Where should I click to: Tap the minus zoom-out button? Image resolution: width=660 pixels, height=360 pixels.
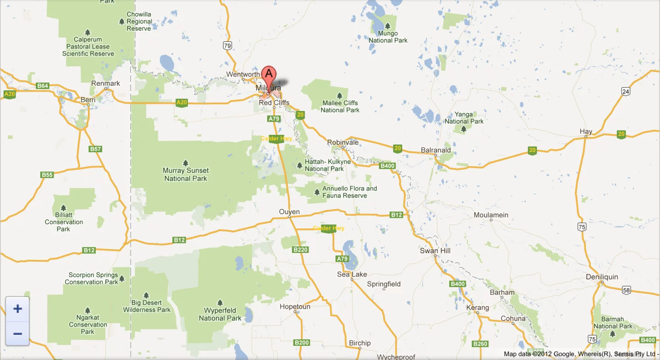coord(17,333)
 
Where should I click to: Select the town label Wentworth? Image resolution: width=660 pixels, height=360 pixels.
coord(243,74)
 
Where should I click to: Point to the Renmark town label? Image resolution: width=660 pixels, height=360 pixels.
coord(105,83)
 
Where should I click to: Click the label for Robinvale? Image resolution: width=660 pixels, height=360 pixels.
coord(343,143)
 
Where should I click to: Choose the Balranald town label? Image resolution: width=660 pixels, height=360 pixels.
coord(436,150)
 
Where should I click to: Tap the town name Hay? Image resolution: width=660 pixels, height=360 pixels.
coord(586,132)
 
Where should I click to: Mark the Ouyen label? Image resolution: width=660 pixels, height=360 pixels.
coord(289,212)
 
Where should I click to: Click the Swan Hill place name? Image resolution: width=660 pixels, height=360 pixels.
coord(435,250)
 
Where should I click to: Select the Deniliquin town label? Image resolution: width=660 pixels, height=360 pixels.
coord(602,277)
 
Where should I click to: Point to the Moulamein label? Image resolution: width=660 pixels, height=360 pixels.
coord(491,215)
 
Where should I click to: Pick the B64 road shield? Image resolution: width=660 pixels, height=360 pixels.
coord(43,86)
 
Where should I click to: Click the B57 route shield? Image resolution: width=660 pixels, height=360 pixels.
coord(95,149)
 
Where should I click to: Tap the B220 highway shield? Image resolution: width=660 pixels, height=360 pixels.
coord(300,249)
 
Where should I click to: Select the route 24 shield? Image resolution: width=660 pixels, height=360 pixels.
coord(626,91)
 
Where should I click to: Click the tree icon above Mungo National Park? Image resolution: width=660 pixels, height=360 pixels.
coord(388,26)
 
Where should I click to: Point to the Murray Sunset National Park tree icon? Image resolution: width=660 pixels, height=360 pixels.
coord(186,163)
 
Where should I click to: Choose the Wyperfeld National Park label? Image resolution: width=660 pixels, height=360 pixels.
coord(220,315)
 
